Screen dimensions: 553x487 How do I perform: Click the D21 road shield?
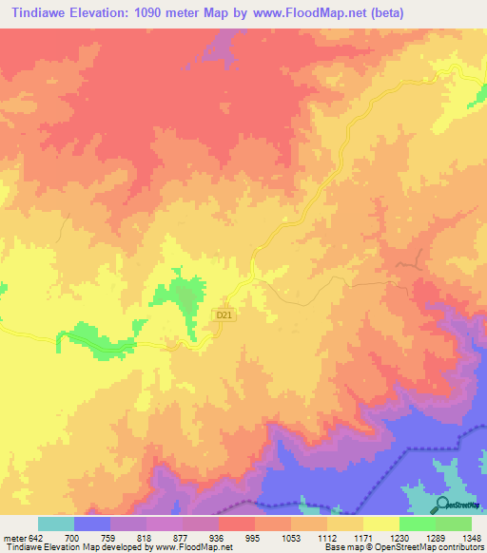click(224, 314)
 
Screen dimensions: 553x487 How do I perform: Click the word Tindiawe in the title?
click(40, 13)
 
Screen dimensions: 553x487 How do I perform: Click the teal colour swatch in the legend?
click(56, 524)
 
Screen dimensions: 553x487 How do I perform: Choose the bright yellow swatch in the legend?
click(381, 524)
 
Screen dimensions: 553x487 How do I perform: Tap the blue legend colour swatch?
click(92, 524)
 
